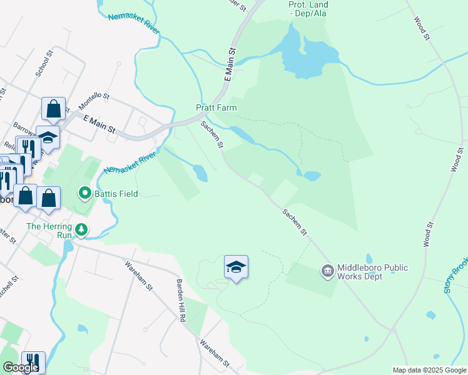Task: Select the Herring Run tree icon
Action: (81, 231)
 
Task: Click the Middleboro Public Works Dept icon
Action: (327, 271)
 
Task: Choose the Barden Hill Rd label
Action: (181, 301)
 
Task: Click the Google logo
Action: (20, 367)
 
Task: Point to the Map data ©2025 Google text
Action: (429, 370)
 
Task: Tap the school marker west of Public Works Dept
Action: (236, 267)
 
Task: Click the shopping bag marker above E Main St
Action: (54, 109)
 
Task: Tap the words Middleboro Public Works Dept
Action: (372, 272)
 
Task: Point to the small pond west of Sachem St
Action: (200, 172)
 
